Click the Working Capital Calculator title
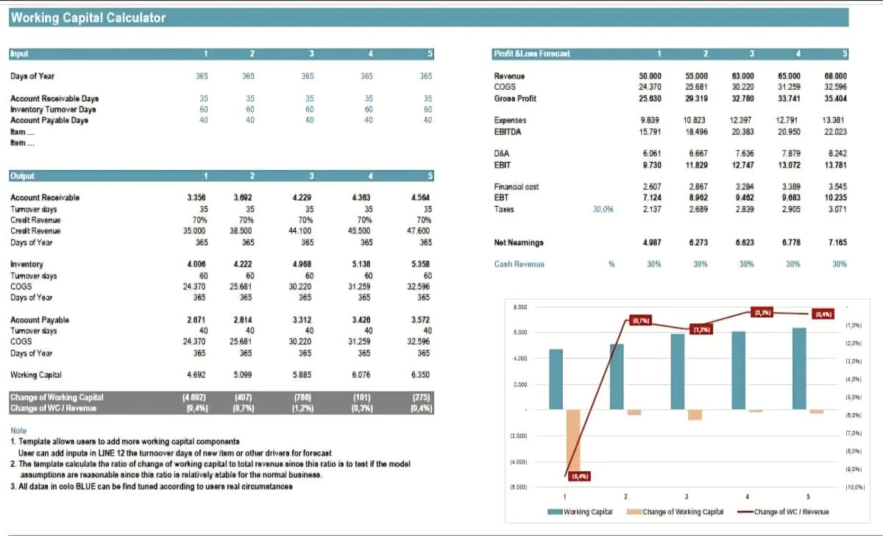pos(88,18)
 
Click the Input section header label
pos(19,54)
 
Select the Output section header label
pos(22,176)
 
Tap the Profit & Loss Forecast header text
pos(531,54)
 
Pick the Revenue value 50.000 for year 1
pos(650,76)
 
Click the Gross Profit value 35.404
pos(835,98)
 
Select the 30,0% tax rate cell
pos(603,209)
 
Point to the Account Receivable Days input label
pos(54,98)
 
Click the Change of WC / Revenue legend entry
pos(792,512)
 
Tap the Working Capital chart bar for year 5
pos(799,368)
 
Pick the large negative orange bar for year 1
pos(572,442)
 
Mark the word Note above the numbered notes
pos(18,430)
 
